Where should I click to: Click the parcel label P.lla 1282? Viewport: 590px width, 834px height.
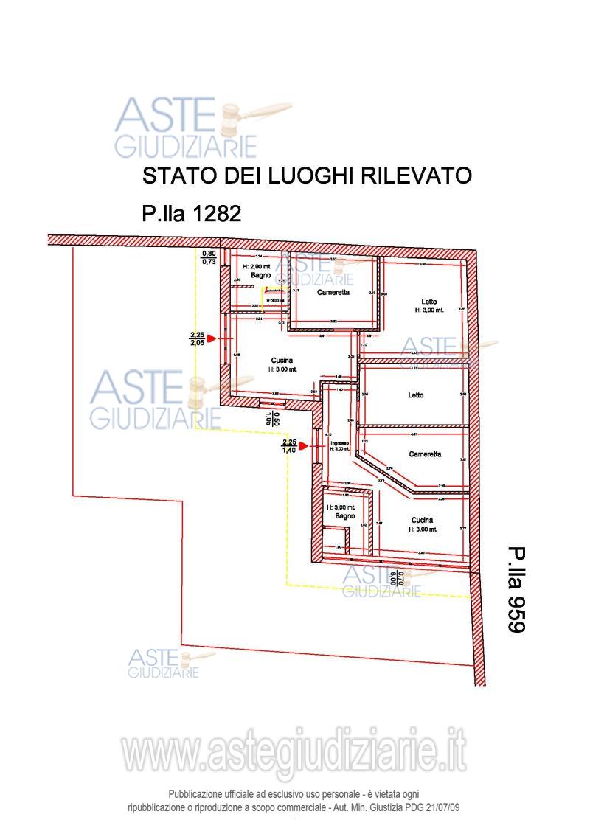coord(191,214)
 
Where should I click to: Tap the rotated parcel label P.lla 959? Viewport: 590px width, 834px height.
coord(515,589)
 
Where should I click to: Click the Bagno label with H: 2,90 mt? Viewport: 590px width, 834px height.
coord(257,275)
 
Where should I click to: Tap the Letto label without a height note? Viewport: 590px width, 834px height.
coord(416,395)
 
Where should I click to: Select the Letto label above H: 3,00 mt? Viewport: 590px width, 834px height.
coord(429,302)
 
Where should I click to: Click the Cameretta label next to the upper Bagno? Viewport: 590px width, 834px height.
coord(333,292)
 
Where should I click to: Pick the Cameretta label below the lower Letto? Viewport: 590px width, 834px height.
coord(426,454)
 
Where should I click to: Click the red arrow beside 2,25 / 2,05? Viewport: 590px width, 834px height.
coord(211,338)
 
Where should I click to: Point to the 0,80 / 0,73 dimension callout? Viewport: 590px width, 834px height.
coord(209,257)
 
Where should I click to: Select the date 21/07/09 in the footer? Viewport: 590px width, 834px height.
coord(440,807)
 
